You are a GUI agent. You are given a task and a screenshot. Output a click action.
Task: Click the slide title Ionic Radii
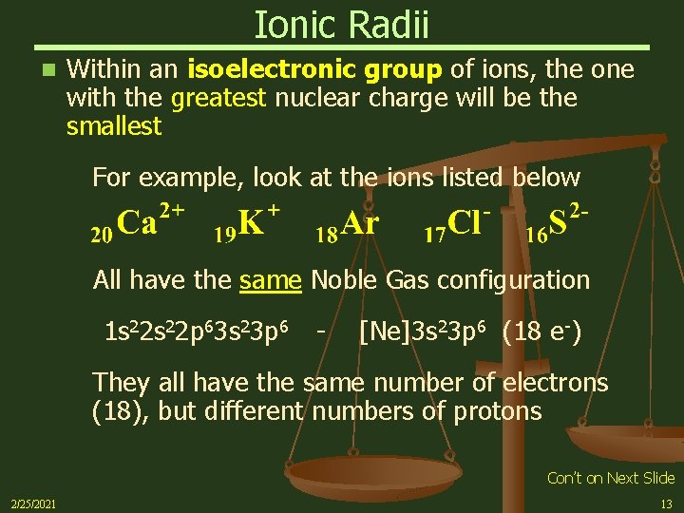pos(341,25)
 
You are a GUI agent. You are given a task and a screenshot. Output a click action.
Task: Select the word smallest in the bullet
pos(114,126)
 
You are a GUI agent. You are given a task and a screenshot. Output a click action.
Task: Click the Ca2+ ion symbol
pos(147,222)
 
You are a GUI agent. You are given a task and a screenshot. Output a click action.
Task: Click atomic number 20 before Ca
pos(100,231)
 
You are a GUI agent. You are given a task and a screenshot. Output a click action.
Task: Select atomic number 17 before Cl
pos(435,231)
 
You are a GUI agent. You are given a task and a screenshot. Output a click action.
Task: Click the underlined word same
pos(271,279)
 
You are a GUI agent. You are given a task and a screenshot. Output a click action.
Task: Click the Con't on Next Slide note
pos(611,478)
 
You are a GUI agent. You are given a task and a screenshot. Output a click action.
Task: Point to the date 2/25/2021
pos(32,503)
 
